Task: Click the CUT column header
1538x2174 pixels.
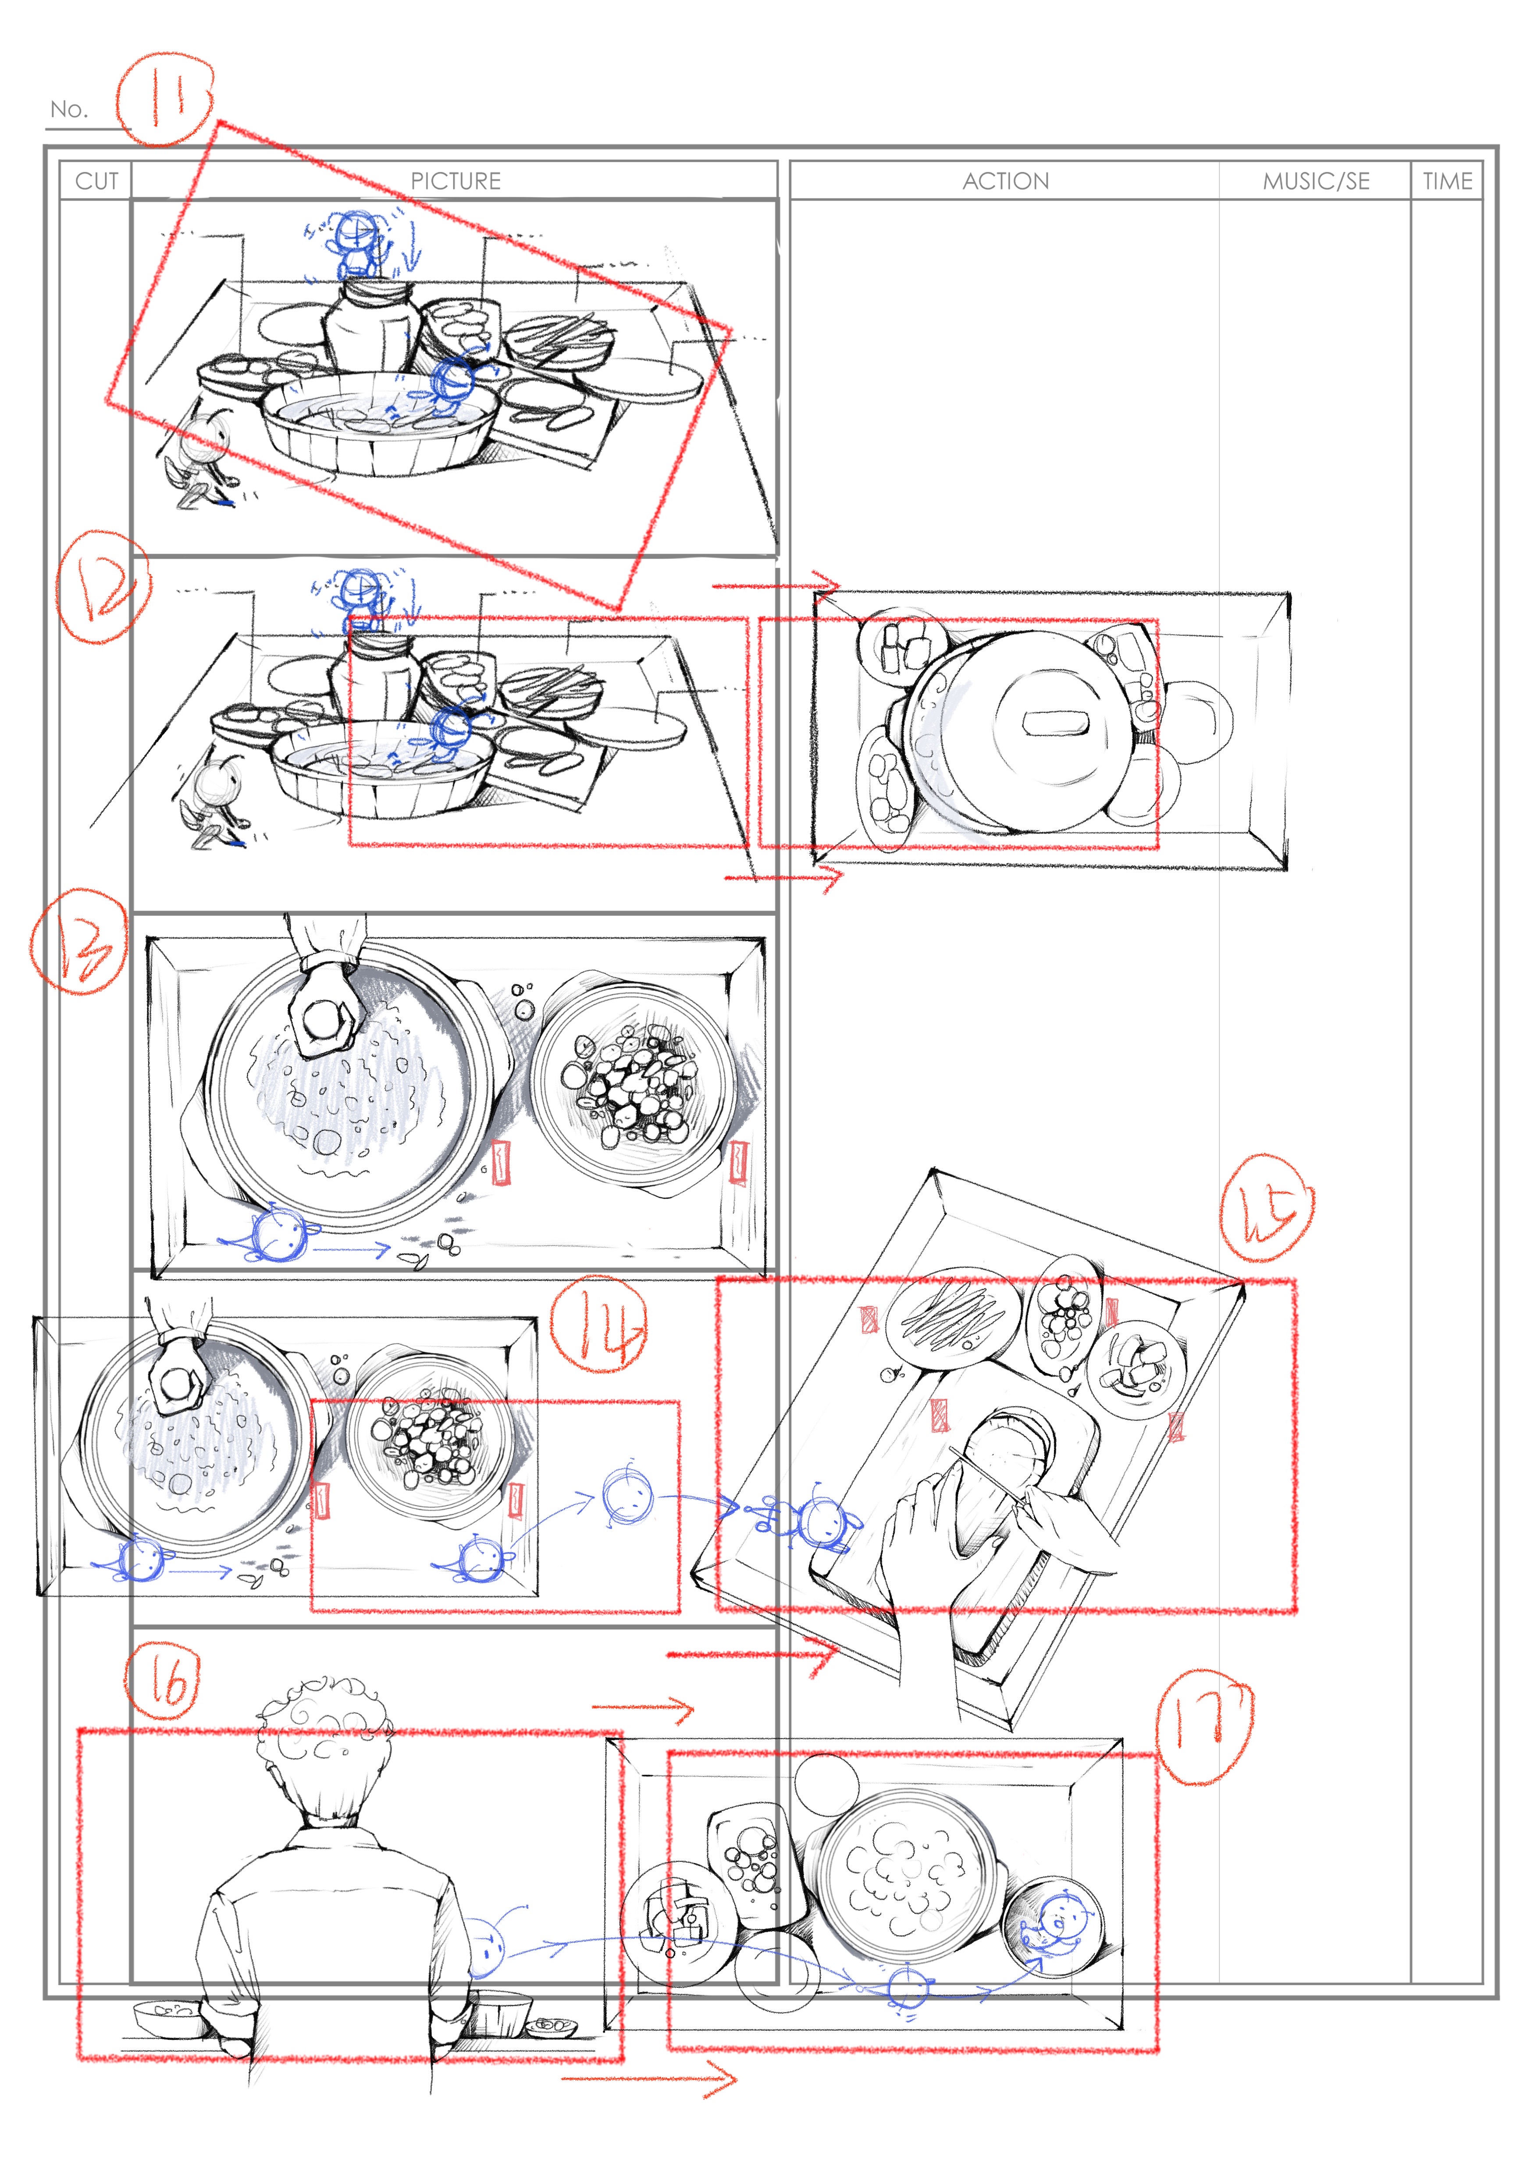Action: click(x=96, y=181)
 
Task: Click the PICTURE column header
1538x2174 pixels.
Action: click(x=456, y=181)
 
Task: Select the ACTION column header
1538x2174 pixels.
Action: click(x=1006, y=181)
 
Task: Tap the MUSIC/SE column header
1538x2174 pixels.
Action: click(x=1317, y=181)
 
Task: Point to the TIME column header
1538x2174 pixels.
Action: click(x=1447, y=181)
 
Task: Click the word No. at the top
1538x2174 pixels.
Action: click(x=68, y=109)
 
